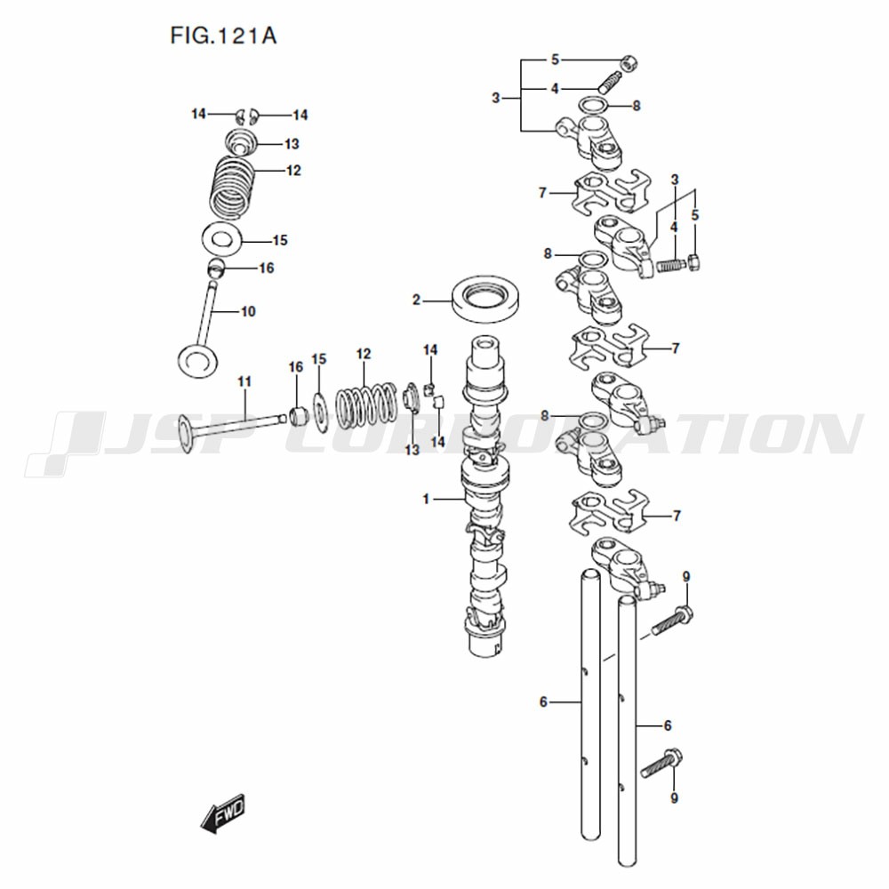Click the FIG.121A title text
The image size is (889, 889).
click(223, 36)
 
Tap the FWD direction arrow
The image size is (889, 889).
click(223, 813)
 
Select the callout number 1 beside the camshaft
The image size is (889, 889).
click(426, 499)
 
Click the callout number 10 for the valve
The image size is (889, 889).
click(248, 311)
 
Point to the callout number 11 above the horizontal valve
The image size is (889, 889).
click(244, 381)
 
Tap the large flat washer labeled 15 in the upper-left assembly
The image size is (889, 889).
click(222, 240)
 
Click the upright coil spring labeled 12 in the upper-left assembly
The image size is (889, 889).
click(232, 187)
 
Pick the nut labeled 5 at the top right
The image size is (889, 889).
click(629, 62)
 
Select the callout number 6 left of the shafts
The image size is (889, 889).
click(543, 702)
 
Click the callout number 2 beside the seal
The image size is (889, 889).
click(416, 300)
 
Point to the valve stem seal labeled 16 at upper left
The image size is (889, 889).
click(215, 267)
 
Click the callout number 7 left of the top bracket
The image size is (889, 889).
click(542, 193)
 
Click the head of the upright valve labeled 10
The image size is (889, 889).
click(197, 359)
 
